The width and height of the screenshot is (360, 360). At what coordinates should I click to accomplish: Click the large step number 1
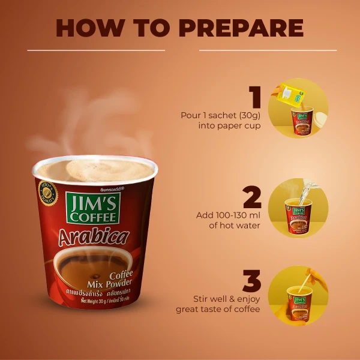(x=256, y=98)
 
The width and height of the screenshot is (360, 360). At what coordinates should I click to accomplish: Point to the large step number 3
(x=253, y=282)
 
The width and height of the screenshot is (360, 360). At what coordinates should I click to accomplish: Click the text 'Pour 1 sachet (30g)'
(x=220, y=115)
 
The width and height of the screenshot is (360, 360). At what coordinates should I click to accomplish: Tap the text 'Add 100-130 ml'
(x=229, y=215)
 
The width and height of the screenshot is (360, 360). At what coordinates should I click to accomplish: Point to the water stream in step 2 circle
(x=308, y=192)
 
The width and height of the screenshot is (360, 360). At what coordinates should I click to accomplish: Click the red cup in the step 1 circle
(x=303, y=119)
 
